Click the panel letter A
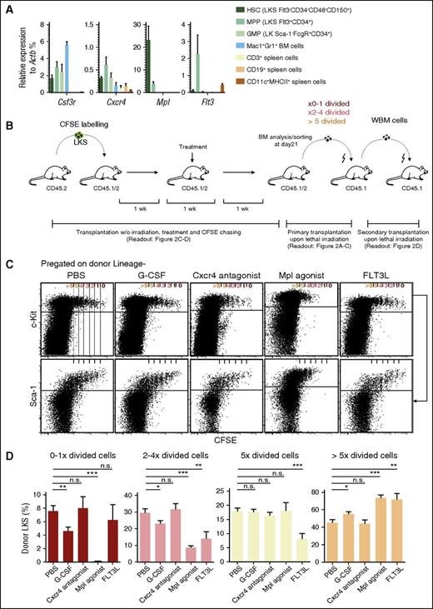coord(8,7)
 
